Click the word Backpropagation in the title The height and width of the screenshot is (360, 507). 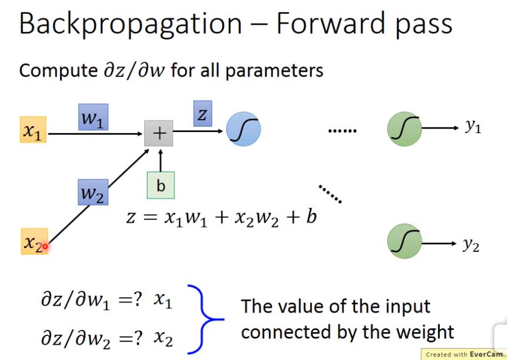point(130,24)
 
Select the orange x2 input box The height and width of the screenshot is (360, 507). point(34,243)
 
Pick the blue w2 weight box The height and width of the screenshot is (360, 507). point(93,192)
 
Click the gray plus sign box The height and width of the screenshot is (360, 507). point(158,134)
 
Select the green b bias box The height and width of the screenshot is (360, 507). point(160,185)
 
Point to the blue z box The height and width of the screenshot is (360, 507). point(201,115)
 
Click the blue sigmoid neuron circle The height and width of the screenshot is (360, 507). point(243,129)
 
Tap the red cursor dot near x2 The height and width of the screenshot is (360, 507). point(45,247)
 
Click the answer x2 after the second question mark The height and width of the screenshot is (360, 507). point(163,339)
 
